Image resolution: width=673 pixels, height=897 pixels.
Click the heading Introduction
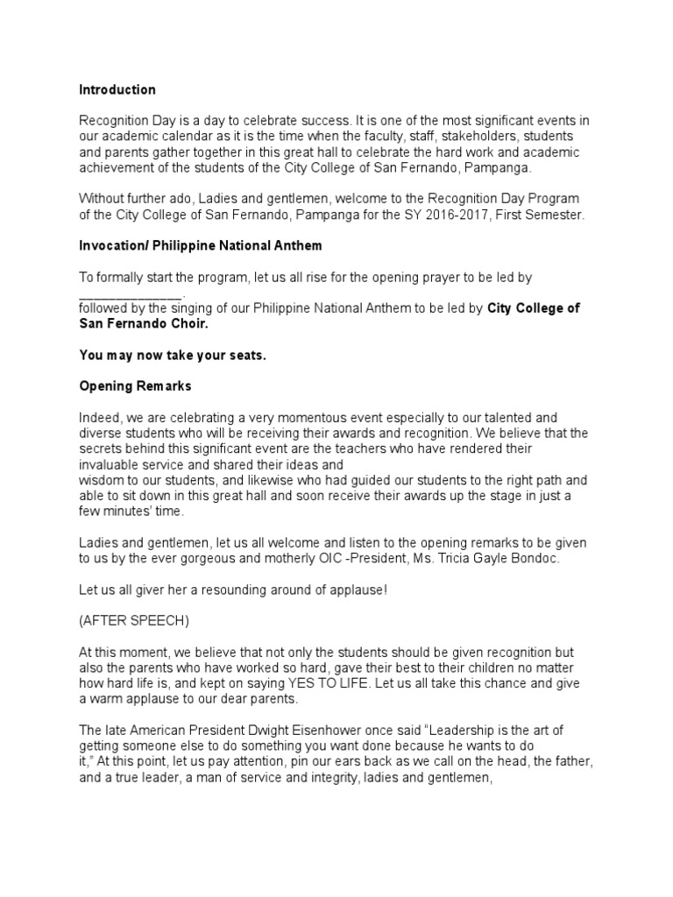click(x=117, y=89)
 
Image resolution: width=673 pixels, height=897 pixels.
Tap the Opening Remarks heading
click(x=135, y=385)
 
